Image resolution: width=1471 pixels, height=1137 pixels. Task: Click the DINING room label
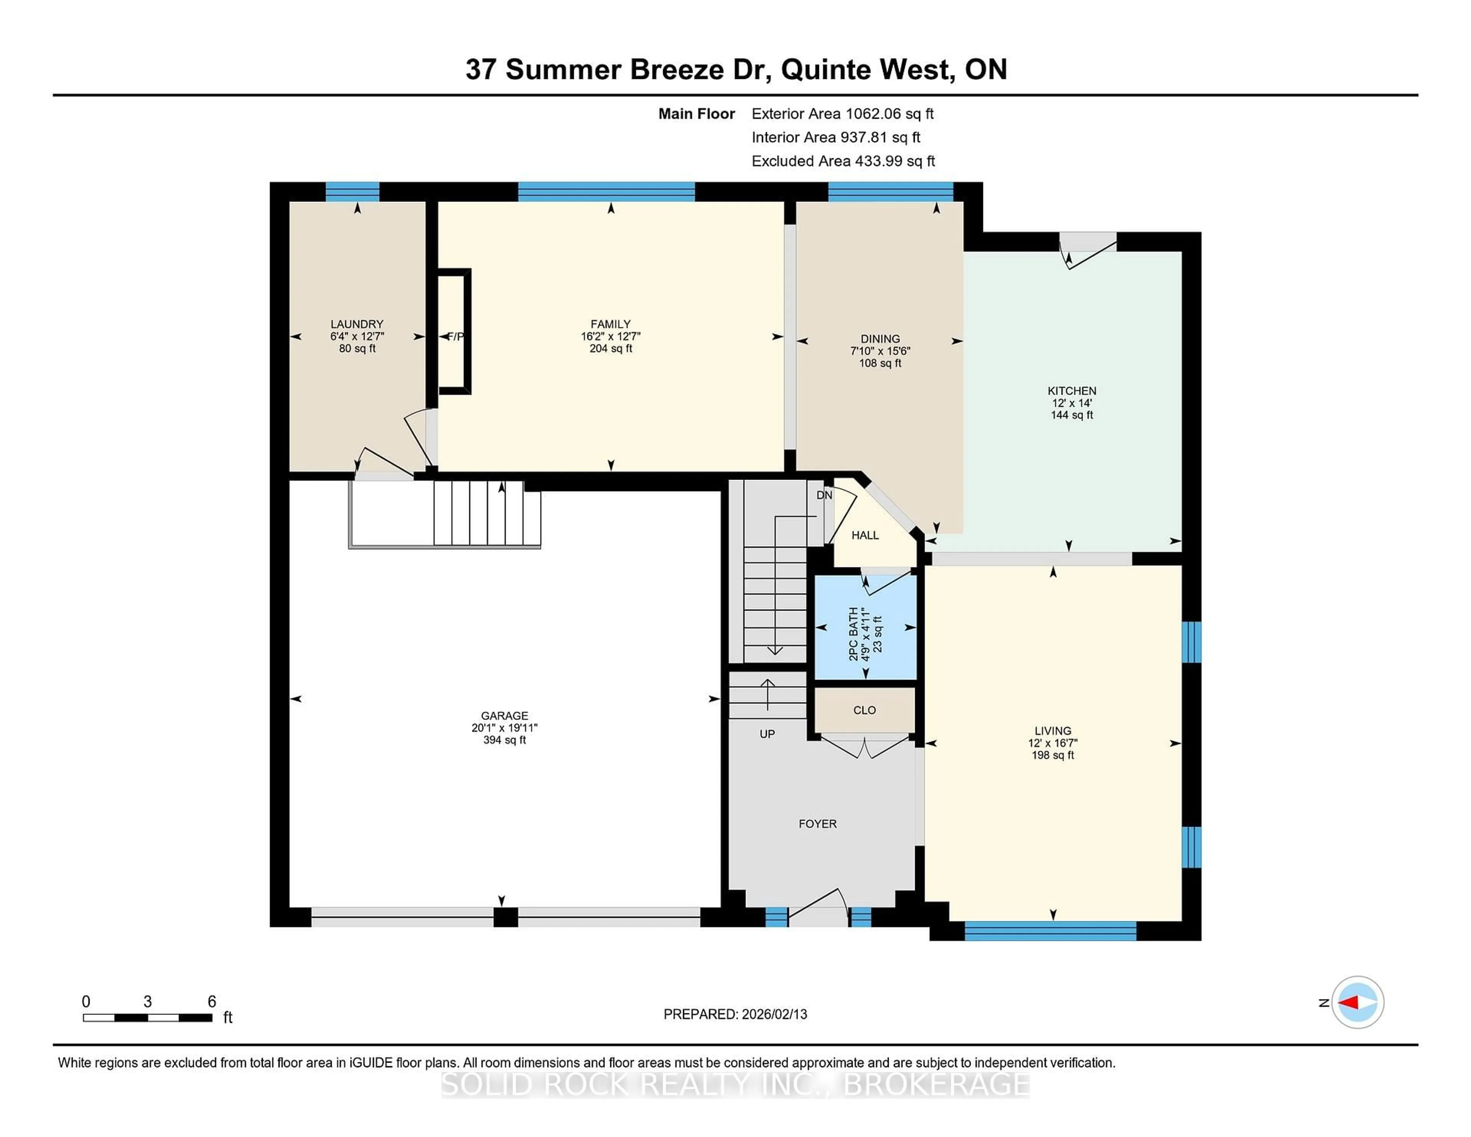click(x=880, y=339)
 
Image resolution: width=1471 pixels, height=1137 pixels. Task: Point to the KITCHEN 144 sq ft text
click(x=1071, y=415)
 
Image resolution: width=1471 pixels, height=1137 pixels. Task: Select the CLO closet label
click(x=864, y=710)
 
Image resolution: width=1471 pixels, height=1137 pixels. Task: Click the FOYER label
click(x=817, y=824)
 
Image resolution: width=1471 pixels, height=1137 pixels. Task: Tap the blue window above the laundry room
click(x=352, y=192)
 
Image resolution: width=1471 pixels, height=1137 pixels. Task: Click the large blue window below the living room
click(x=1050, y=931)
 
